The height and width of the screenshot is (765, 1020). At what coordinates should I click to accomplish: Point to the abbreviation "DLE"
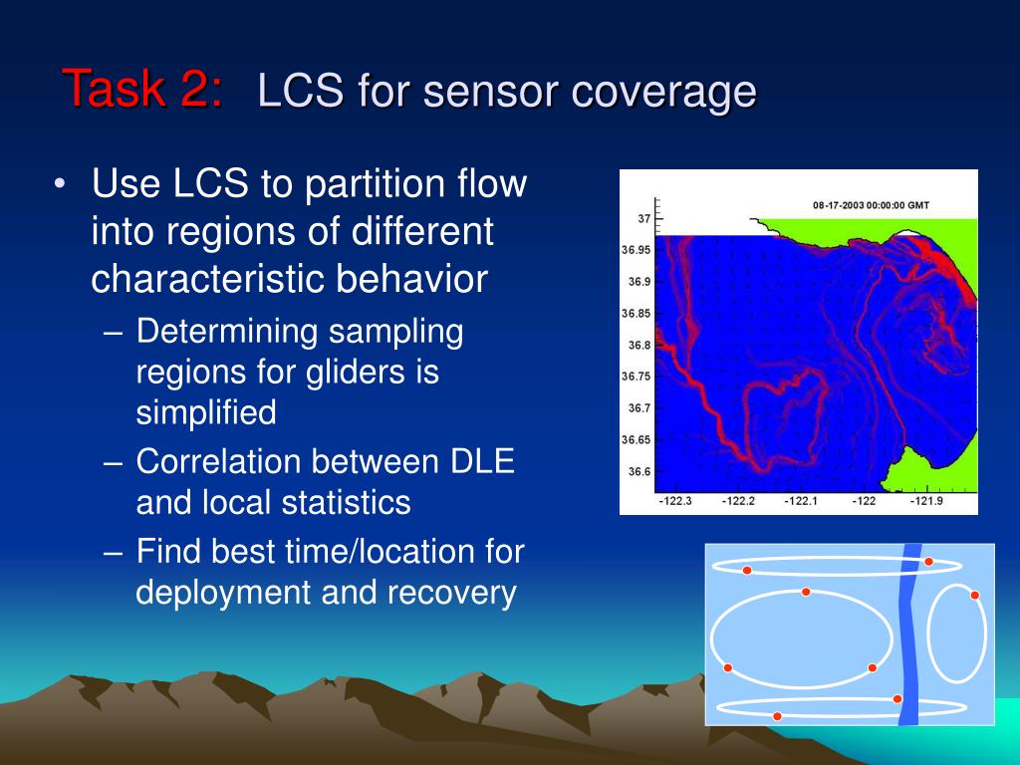point(482,461)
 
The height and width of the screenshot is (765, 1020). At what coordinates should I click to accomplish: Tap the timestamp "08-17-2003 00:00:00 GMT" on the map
point(871,205)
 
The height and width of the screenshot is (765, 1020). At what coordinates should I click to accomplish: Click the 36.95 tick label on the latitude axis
point(636,250)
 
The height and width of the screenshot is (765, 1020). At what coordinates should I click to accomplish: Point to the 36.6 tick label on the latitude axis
point(638,471)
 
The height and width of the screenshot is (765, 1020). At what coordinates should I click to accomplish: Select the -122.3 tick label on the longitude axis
point(675,501)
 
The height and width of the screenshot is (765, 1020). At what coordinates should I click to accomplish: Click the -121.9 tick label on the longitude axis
point(925,501)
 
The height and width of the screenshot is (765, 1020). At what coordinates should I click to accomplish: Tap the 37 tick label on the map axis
point(644,218)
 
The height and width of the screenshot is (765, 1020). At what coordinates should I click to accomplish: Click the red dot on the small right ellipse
point(974,596)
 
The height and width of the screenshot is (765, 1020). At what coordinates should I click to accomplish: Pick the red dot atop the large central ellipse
point(806,592)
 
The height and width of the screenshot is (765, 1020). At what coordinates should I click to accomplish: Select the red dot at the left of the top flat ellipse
point(747,571)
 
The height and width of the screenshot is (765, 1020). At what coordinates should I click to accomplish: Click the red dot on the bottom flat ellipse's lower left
point(777,716)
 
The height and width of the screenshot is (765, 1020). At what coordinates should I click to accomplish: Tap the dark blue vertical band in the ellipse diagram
point(909,635)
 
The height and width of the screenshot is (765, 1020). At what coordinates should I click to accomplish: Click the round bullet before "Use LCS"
point(60,183)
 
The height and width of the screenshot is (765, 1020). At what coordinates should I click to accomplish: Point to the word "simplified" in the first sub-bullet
point(206,413)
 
